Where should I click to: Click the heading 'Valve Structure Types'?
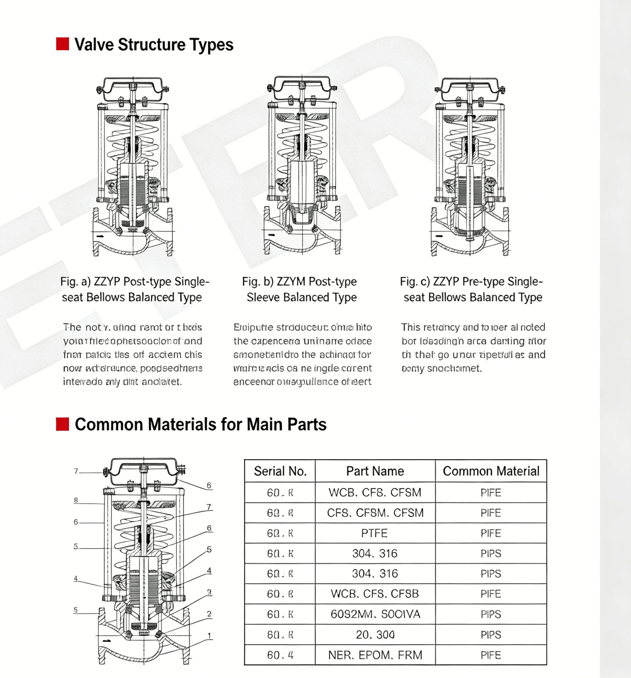[x=154, y=45]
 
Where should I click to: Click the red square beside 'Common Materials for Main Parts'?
[x=62, y=424]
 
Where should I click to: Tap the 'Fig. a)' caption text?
[x=134, y=289]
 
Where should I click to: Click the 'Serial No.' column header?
[x=280, y=471]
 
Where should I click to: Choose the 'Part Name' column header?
[x=375, y=471]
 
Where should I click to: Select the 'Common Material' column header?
[x=491, y=471]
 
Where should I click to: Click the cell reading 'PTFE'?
[x=374, y=533]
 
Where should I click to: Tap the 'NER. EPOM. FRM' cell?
[x=375, y=655]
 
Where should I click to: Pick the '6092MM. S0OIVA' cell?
[x=375, y=614]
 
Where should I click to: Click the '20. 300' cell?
[x=375, y=635]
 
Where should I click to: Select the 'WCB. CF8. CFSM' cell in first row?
[x=375, y=492]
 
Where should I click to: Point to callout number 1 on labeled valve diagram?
[x=209, y=636]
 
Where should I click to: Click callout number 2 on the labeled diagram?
[x=209, y=614]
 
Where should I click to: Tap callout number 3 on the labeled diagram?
[x=209, y=592]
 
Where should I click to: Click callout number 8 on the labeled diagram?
[x=76, y=500]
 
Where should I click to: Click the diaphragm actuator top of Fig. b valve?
[x=302, y=88]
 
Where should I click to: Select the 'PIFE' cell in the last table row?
[x=491, y=655]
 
